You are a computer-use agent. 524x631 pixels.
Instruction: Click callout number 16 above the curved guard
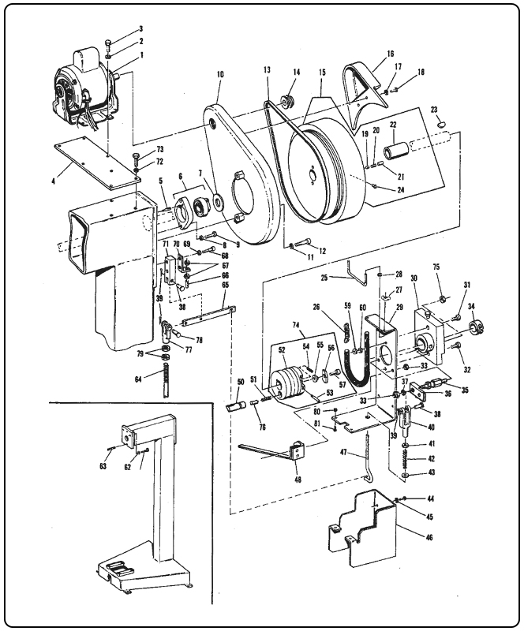pos(390,54)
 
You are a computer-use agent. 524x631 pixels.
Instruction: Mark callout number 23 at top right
pos(434,110)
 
